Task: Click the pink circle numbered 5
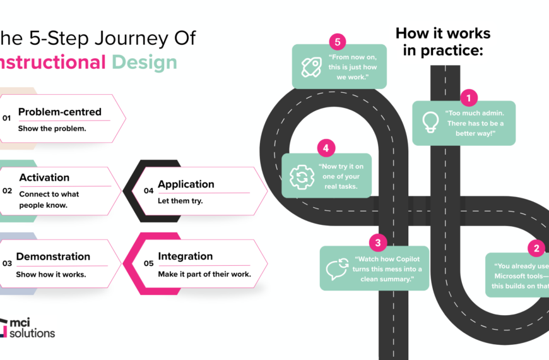click(x=338, y=42)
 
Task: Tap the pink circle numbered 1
click(x=469, y=98)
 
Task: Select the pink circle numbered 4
click(x=326, y=148)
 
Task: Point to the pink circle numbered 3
click(x=377, y=242)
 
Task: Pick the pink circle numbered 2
click(x=536, y=248)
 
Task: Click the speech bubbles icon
click(x=338, y=269)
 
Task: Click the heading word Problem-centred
click(x=60, y=112)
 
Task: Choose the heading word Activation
click(x=44, y=177)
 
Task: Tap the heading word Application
click(x=186, y=184)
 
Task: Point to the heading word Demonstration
click(x=53, y=256)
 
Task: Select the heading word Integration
click(x=186, y=256)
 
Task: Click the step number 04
click(x=148, y=190)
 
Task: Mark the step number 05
click(x=148, y=263)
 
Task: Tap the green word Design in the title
click(x=145, y=62)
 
